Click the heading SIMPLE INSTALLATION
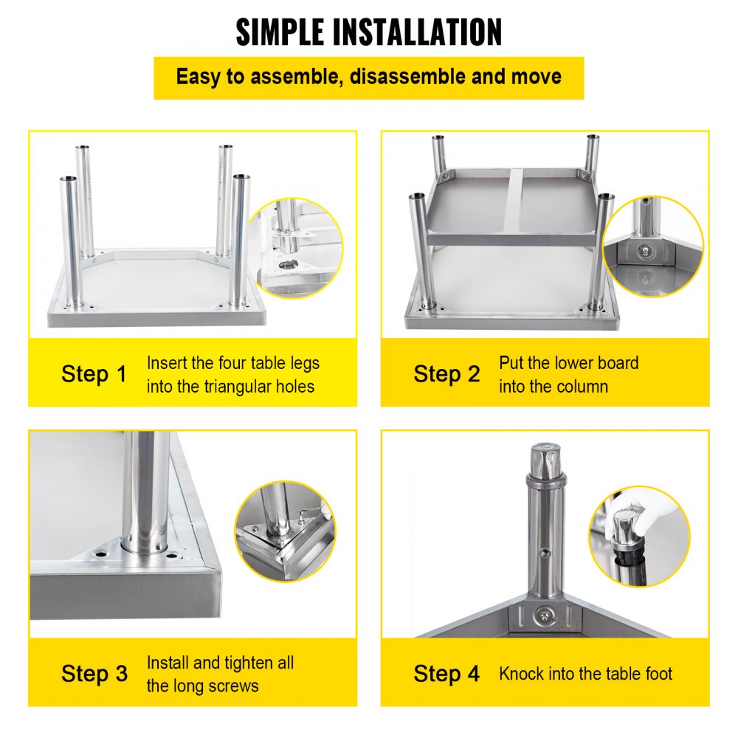click(x=369, y=32)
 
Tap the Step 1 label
click(x=94, y=373)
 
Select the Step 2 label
click(x=446, y=373)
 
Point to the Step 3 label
click(x=94, y=673)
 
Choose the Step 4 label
click(x=446, y=673)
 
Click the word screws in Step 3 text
click(x=234, y=686)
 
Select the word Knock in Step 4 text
click(x=522, y=673)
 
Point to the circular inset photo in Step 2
click(x=652, y=246)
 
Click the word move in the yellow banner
click(x=537, y=76)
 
